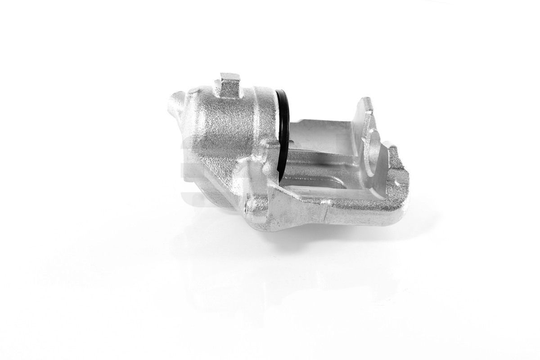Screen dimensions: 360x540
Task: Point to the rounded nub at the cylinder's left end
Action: pyautogui.click(x=177, y=99)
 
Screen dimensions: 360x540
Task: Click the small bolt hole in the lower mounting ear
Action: pyautogui.click(x=245, y=206)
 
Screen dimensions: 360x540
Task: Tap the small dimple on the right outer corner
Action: pyautogui.click(x=398, y=184)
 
